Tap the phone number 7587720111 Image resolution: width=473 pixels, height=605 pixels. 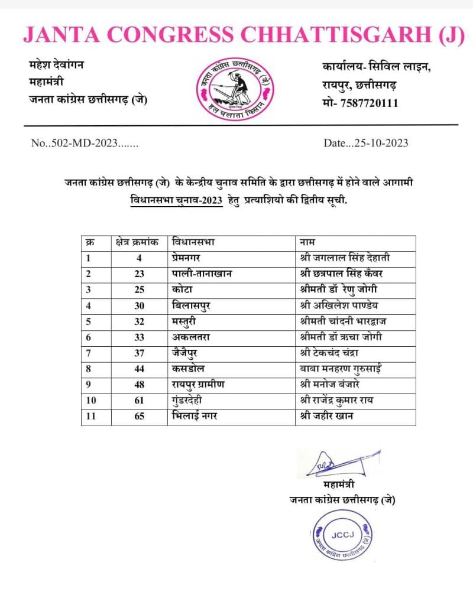(x=370, y=103)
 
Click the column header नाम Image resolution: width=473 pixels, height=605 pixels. (x=307, y=242)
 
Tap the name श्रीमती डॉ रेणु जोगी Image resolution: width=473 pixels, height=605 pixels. (x=339, y=290)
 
